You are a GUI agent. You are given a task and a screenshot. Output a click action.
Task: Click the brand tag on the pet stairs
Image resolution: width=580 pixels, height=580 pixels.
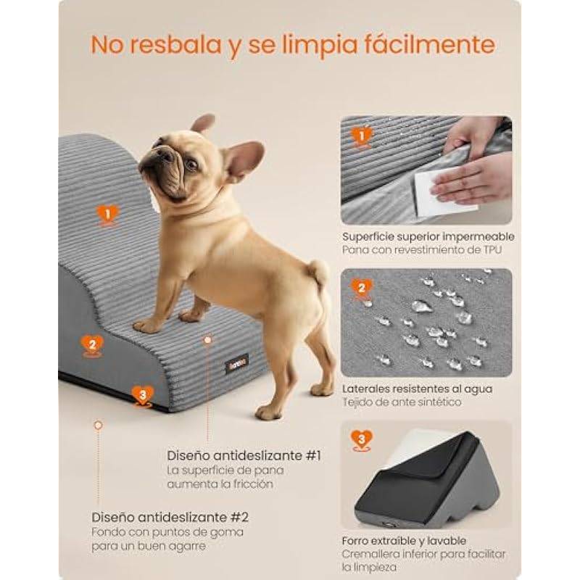click(x=237, y=364)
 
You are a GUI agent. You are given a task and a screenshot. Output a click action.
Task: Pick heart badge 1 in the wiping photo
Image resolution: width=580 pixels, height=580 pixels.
click(x=361, y=137)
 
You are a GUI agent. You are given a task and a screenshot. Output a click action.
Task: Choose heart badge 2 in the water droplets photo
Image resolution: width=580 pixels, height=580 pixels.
click(x=361, y=289)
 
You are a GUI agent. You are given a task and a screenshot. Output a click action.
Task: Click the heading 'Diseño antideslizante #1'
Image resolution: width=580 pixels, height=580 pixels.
click(x=244, y=456)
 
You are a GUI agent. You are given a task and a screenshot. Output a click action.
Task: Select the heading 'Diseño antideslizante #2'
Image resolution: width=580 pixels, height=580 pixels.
click(x=170, y=517)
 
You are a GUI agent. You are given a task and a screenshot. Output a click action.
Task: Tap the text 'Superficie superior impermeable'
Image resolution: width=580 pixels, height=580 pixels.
click(x=428, y=237)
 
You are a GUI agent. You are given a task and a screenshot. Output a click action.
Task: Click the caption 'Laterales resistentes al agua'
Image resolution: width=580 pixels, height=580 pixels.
click(x=418, y=389)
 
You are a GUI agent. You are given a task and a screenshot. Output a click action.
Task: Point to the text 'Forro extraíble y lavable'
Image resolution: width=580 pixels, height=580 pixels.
click(x=404, y=541)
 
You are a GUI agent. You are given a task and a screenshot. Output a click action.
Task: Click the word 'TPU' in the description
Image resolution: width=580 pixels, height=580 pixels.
click(x=492, y=249)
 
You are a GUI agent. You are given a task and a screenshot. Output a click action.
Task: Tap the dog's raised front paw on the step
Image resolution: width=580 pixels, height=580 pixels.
click(x=147, y=326)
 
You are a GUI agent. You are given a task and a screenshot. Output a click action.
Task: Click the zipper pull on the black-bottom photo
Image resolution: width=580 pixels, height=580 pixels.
click(x=389, y=524)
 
